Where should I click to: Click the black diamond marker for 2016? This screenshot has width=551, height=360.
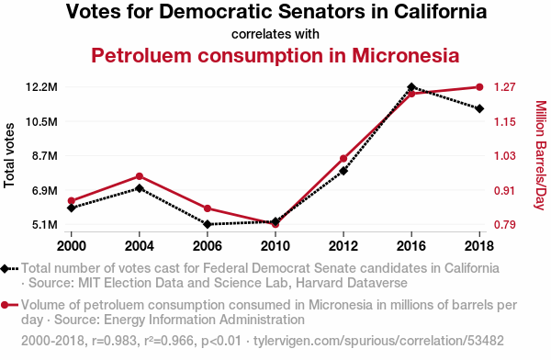coord(411,87)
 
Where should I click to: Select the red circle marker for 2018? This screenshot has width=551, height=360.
coord(479,87)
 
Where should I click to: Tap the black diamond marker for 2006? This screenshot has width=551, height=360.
coord(208,224)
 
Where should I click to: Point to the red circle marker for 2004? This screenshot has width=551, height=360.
coord(140,176)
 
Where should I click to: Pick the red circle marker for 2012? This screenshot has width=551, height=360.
coord(343,159)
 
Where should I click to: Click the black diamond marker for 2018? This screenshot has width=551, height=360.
coord(479,108)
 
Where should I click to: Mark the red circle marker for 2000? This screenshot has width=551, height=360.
coord(72,201)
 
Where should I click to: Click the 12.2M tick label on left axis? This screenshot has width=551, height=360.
coord(41,87)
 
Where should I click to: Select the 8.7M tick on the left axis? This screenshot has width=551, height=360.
coord(45,156)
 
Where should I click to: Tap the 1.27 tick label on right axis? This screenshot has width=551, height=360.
coord(505,87)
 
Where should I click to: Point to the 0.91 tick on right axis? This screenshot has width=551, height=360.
coord(505,190)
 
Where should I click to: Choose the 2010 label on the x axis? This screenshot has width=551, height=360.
coord(275,246)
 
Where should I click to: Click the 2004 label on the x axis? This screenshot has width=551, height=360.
coord(140,246)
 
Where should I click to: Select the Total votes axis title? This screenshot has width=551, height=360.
coord(9,155)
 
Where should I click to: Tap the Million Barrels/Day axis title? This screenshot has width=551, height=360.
coord(541,155)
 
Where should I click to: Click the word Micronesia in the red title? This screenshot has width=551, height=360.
coord(406,55)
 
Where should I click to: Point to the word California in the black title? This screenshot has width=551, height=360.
coord(440,12)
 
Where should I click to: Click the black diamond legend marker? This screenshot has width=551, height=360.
coord(5,268)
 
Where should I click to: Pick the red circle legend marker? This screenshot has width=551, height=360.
coord(5,305)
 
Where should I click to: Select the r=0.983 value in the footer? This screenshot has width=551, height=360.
coord(114,341)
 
